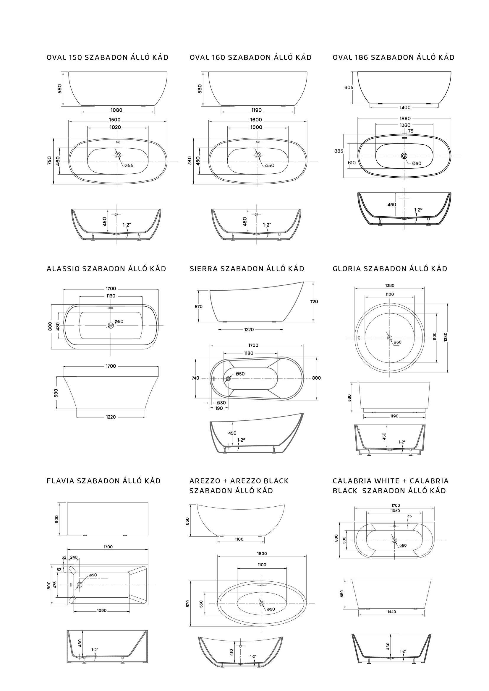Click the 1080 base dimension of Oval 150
tap(116, 110)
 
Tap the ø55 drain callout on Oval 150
tap(129, 165)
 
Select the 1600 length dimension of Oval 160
tap(256, 120)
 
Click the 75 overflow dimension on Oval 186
tap(410, 131)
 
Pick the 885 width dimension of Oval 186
tap(339, 151)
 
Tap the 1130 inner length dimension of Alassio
tap(111, 296)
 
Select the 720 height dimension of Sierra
tap(314, 302)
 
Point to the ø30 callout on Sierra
tap(221, 403)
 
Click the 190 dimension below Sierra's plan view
tap(219, 408)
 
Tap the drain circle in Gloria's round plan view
tap(390, 338)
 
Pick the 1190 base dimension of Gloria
tap(394, 416)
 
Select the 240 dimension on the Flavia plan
tap(74, 557)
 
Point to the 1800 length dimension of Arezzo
tap(262, 553)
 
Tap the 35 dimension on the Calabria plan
tap(409, 516)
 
